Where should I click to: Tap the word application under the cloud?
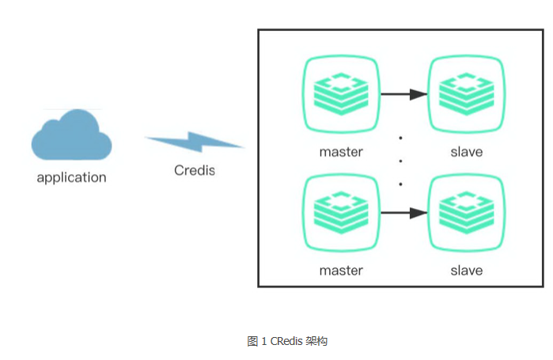pyautogui.click(x=71, y=177)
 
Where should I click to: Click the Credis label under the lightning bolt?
pyautogui.click(x=195, y=170)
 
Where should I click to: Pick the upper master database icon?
pyautogui.click(x=341, y=94)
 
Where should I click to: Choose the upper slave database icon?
pyautogui.click(x=466, y=94)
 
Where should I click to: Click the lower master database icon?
pyautogui.click(x=341, y=213)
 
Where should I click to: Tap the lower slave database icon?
pyautogui.click(x=466, y=213)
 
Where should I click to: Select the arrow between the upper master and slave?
pyautogui.click(x=403, y=94)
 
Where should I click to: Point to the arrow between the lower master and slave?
pyautogui.click(x=403, y=213)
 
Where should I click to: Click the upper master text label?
pyautogui.click(x=341, y=151)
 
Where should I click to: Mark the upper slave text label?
pyautogui.click(x=466, y=151)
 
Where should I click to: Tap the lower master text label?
pyautogui.click(x=341, y=270)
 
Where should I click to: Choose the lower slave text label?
pyautogui.click(x=466, y=270)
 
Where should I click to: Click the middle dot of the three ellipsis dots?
pyautogui.click(x=401, y=161)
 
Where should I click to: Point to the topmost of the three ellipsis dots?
pyautogui.click(x=401, y=138)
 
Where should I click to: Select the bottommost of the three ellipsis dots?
pyautogui.click(x=401, y=184)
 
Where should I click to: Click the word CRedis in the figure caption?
pyautogui.click(x=287, y=341)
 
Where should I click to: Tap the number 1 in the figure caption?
pyautogui.click(x=263, y=341)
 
